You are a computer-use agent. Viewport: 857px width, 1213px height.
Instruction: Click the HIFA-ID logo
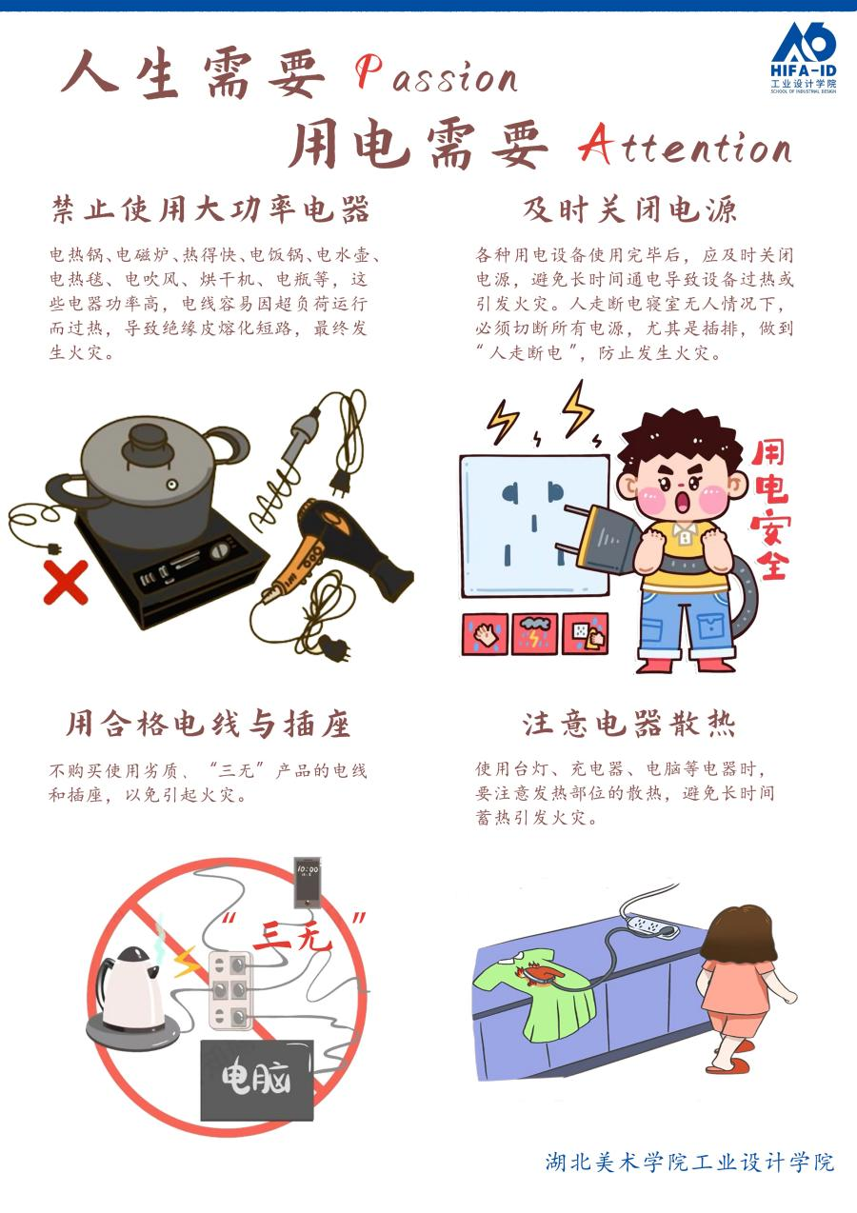click(804, 58)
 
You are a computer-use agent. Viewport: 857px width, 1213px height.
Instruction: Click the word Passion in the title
click(437, 76)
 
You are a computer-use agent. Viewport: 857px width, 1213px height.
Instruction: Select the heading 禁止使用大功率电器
click(210, 209)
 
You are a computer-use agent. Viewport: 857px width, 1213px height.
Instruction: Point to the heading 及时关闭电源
click(630, 209)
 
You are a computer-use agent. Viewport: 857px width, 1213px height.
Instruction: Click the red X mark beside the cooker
click(66, 582)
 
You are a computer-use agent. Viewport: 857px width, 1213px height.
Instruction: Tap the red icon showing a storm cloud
click(535, 634)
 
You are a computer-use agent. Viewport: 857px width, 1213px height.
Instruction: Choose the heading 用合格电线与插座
click(209, 724)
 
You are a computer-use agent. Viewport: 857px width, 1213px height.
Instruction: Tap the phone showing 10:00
click(308, 882)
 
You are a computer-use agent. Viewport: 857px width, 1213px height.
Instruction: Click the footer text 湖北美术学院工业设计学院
click(690, 1163)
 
